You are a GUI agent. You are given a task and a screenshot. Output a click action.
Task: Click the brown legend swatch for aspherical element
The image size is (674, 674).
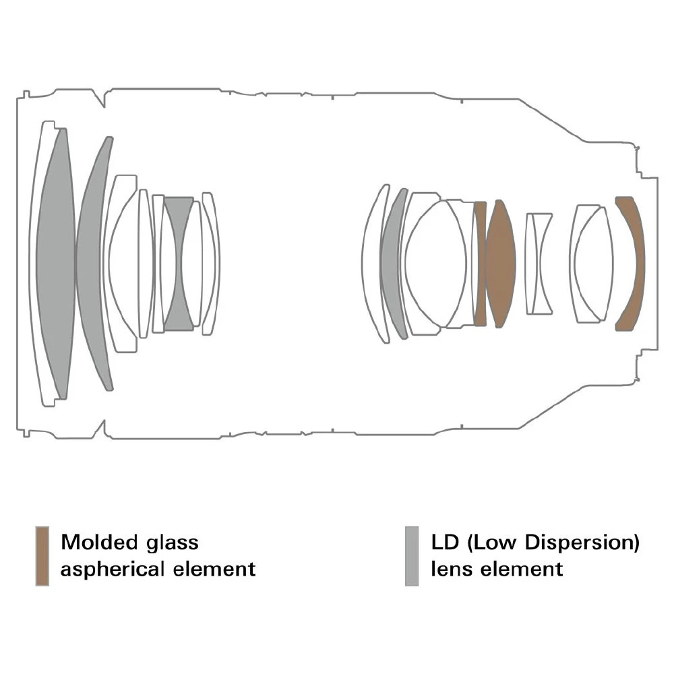click(42, 556)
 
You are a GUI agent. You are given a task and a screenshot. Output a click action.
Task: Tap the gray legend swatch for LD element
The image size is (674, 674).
click(412, 556)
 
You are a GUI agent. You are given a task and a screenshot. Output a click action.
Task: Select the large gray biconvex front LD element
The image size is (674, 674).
click(55, 263)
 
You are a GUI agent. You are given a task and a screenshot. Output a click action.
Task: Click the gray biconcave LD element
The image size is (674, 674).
click(178, 264)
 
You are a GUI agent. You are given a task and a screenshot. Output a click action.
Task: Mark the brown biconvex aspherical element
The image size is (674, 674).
click(500, 263)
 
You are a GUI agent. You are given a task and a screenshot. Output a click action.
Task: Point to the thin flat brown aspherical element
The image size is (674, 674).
click(480, 263)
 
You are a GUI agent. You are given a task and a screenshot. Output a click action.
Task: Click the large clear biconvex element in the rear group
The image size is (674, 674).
click(435, 264)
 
